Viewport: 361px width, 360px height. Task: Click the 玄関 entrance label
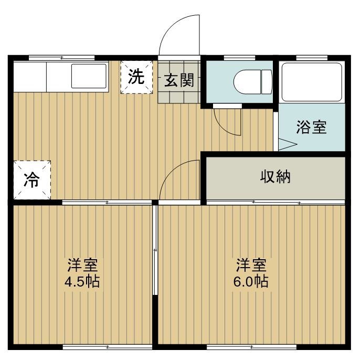(x=179, y=80)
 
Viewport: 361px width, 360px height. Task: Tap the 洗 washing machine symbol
(x=136, y=77)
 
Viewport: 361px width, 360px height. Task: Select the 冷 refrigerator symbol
(x=32, y=180)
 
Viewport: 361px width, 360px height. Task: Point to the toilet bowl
(x=253, y=82)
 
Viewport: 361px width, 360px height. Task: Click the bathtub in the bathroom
(x=312, y=82)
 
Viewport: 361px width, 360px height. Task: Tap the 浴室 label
(x=311, y=127)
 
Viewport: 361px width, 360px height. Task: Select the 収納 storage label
(x=275, y=177)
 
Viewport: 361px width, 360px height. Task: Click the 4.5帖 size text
(x=82, y=281)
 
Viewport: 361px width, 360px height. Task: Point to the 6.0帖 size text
(x=251, y=281)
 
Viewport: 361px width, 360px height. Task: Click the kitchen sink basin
(x=89, y=76)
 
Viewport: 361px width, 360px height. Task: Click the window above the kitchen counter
(x=62, y=58)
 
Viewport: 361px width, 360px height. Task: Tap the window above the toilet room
(x=239, y=58)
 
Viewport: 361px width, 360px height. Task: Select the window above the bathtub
(x=312, y=58)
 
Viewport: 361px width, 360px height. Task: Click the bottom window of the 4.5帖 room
(x=107, y=346)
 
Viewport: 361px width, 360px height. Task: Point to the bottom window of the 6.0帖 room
(x=252, y=346)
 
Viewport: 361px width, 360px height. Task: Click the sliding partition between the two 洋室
(x=155, y=250)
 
